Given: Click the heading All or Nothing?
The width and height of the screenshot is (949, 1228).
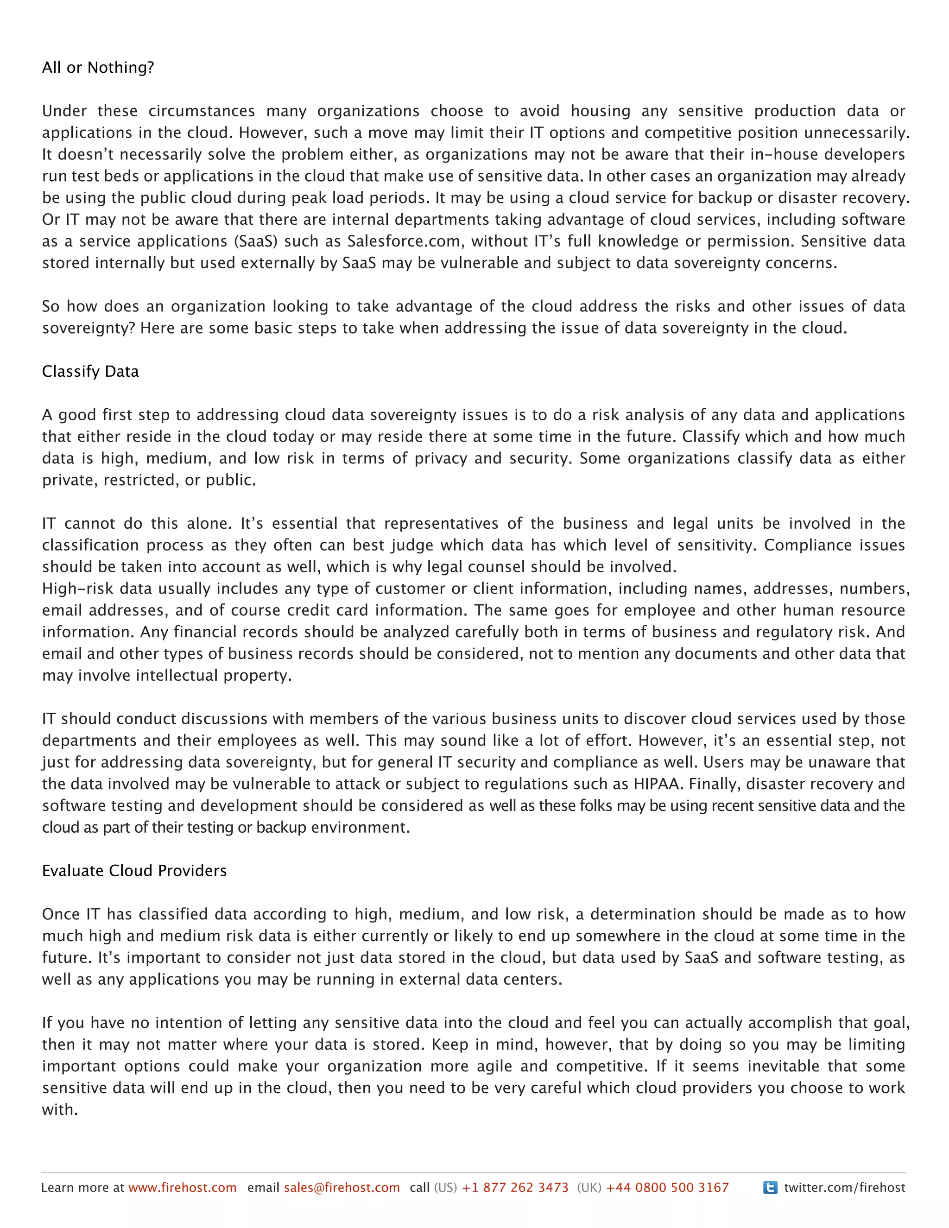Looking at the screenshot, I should pos(98,68).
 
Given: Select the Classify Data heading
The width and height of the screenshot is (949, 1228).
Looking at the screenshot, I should pos(90,372).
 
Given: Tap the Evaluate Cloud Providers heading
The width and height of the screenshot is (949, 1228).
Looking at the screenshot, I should pos(134,871).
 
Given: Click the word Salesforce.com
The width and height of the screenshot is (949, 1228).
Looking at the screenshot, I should pos(403,241).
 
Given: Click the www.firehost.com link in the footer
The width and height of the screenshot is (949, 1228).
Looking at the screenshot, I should pos(182,1188).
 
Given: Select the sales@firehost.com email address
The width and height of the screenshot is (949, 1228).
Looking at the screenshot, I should pos(342,1188).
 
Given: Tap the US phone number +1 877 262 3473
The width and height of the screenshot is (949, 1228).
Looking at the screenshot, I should pos(515,1188).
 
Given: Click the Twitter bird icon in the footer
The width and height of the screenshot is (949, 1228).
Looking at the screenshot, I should pos(770,1188).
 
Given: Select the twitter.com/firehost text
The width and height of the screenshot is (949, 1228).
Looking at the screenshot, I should pos(844,1188).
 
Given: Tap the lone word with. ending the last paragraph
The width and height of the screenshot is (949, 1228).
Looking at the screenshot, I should pos(60,1110).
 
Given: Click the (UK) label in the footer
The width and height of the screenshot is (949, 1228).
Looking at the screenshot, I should pos(589,1188).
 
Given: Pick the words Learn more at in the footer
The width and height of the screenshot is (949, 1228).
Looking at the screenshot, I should pos(82,1188).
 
